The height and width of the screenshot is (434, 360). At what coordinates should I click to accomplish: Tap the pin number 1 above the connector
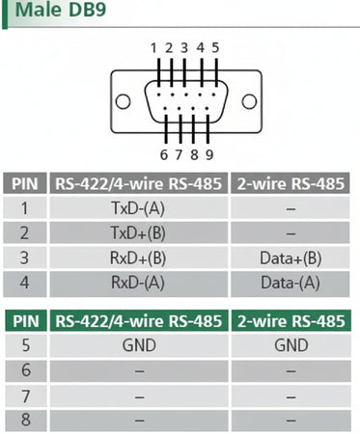[x=153, y=47]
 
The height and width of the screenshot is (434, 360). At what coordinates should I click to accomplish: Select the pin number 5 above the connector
[x=214, y=47]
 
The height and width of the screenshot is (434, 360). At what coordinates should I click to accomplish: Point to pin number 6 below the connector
[x=163, y=153]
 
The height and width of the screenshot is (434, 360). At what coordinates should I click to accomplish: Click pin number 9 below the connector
[x=208, y=153]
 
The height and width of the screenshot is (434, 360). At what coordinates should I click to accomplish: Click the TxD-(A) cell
[x=139, y=207]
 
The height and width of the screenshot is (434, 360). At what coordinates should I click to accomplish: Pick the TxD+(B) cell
[x=139, y=232]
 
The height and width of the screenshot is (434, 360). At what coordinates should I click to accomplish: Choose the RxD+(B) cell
[x=139, y=258]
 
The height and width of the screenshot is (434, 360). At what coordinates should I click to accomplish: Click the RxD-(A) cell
[x=139, y=283]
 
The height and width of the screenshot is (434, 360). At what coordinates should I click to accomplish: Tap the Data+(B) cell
[x=291, y=258]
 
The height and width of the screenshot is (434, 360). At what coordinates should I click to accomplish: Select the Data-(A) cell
[x=291, y=283]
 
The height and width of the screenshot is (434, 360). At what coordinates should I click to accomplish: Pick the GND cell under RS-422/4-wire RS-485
[x=139, y=346]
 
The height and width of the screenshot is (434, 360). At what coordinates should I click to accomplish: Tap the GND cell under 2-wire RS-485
[x=291, y=346]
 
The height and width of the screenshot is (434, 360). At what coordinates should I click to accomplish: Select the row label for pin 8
[x=25, y=420]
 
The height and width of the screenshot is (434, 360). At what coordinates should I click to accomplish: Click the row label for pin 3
[x=25, y=258]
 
